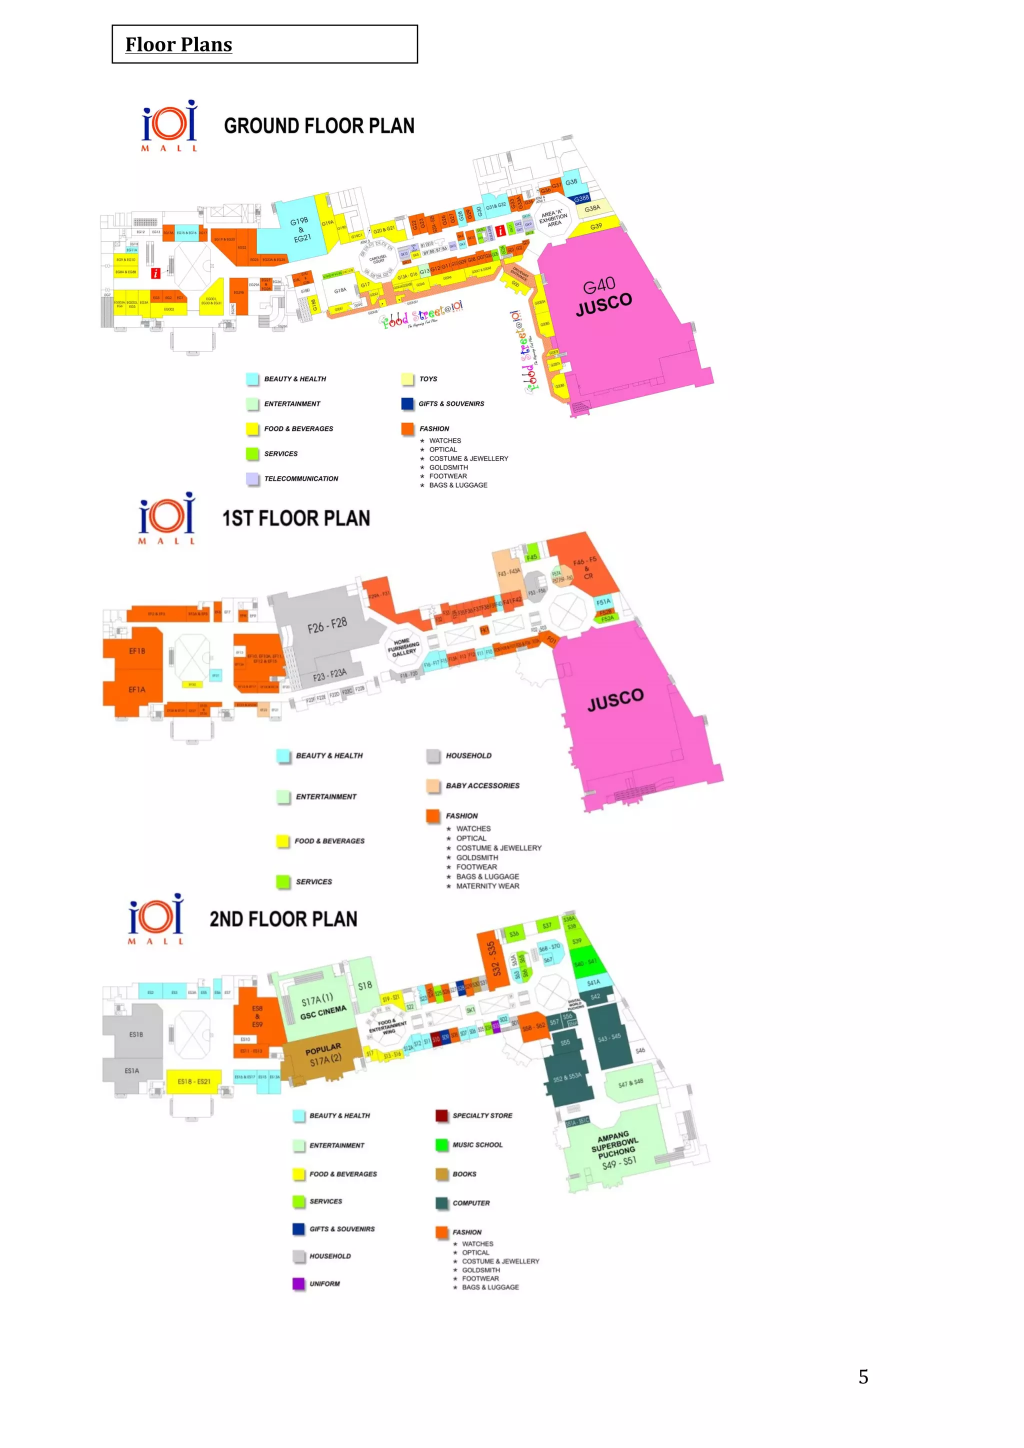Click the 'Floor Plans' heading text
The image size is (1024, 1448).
coord(178,45)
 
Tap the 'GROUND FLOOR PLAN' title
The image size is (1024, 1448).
coord(319,126)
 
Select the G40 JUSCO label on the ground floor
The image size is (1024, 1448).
coord(603,296)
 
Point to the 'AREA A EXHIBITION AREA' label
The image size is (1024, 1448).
coord(553,218)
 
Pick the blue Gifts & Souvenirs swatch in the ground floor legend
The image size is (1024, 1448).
coord(407,403)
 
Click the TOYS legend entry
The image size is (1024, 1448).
coord(428,379)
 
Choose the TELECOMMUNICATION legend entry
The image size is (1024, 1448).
coord(301,478)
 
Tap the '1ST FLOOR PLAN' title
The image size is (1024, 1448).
coord(295,518)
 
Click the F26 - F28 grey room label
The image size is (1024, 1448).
coord(327,625)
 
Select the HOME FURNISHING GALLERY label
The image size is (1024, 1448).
coord(403,647)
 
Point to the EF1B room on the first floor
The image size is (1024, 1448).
coord(137,651)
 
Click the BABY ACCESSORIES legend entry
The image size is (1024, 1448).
coord(482,786)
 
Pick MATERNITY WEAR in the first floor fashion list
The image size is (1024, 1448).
coord(487,886)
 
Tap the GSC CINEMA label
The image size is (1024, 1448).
coord(323,1011)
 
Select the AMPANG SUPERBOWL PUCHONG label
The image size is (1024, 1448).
coord(615,1149)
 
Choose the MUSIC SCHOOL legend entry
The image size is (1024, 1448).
coord(477,1144)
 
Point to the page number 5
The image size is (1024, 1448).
coord(863,1377)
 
